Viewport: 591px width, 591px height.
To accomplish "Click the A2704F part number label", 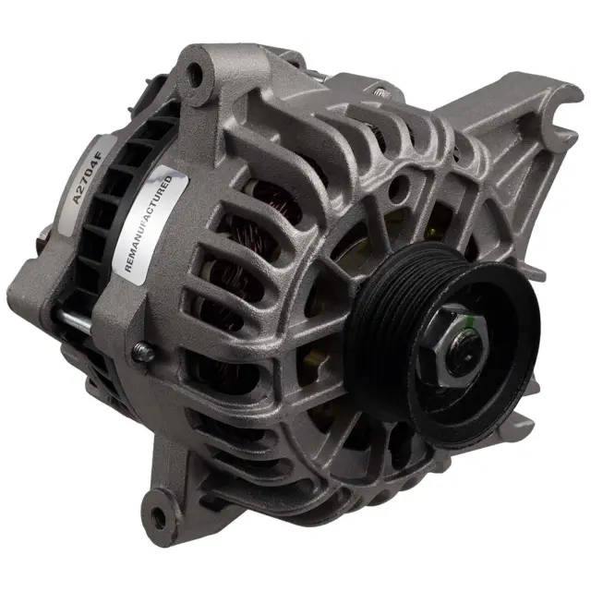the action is point(87,177).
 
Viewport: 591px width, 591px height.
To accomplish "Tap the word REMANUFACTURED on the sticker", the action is point(148,223).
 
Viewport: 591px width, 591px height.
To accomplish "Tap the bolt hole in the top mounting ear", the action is point(196,73).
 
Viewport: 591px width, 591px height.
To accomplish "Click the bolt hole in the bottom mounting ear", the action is point(158,513).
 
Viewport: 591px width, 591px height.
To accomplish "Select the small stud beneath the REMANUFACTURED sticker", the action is point(144,353).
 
